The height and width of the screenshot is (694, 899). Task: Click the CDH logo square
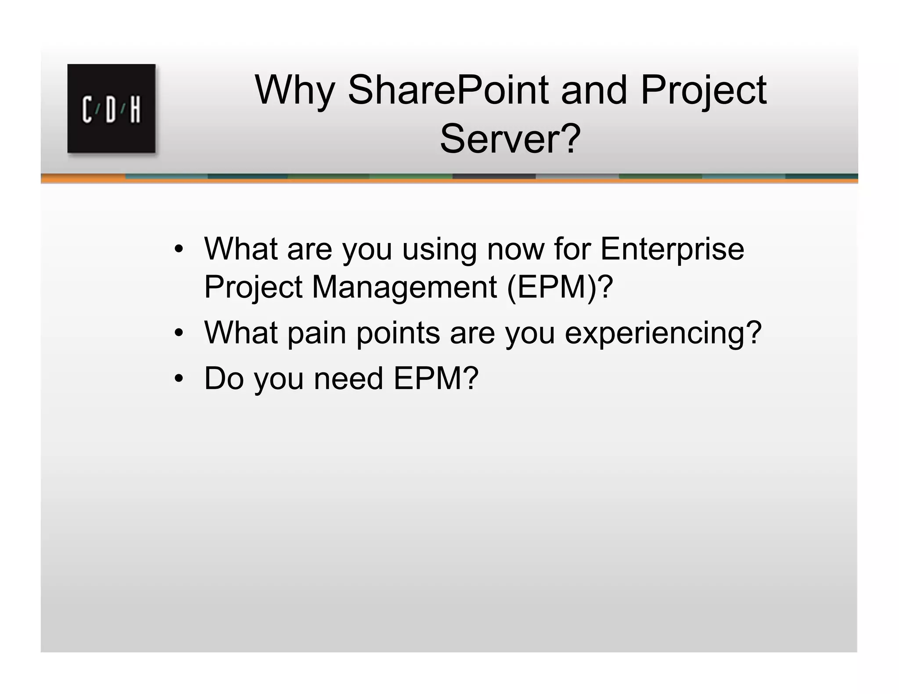[111, 108]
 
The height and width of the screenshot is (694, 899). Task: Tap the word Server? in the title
[510, 139]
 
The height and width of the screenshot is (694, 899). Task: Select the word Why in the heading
[295, 91]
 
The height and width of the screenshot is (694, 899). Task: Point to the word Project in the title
[703, 91]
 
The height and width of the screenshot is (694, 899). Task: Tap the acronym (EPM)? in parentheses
[559, 287]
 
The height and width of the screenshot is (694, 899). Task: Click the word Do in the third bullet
[224, 378]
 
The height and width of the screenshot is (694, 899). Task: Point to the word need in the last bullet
[349, 378]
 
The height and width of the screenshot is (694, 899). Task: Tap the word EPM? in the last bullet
[435, 378]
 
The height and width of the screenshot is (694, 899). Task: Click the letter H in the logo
[135, 109]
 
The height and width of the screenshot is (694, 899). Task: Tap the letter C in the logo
[87, 109]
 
